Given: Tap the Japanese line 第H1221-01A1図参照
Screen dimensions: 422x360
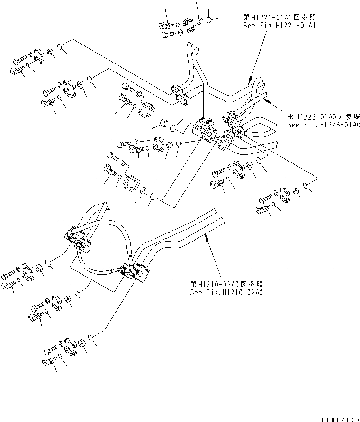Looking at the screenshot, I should pyautogui.click(x=278, y=17).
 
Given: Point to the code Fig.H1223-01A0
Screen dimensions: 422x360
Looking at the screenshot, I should pyautogui.click(x=333, y=125).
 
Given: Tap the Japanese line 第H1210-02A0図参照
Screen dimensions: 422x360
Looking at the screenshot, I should pyautogui.click(x=226, y=284).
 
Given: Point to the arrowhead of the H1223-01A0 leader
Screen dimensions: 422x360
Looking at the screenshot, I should pyautogui.click(x=267, y=100).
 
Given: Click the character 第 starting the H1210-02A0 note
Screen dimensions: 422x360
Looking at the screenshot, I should pyautogui.click(x=193, y=284).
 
